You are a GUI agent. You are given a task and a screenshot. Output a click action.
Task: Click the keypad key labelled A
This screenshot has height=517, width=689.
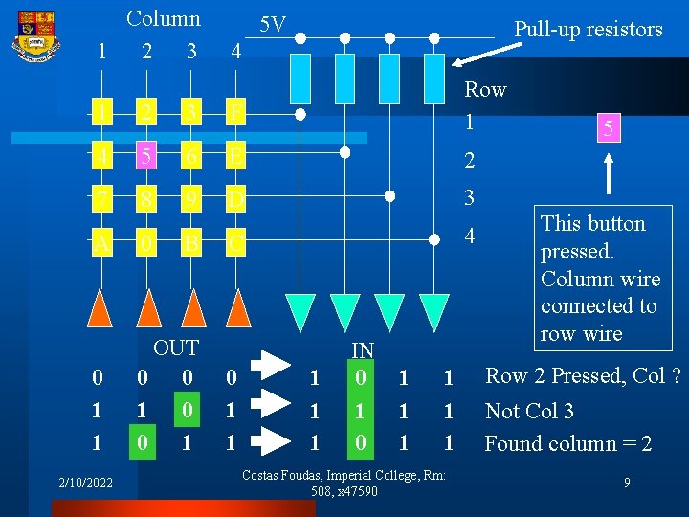pos(100,243)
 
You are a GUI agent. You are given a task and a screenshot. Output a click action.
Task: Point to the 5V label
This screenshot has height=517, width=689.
pos(273,25)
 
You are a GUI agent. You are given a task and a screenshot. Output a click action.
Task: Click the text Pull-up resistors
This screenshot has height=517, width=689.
pos(588,30)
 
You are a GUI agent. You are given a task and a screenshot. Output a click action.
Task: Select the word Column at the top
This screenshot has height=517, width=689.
pos(164,18)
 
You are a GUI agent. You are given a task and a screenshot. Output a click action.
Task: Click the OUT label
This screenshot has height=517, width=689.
pos(176,348)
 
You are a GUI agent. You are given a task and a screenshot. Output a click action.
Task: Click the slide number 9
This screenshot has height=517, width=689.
pos(627,483)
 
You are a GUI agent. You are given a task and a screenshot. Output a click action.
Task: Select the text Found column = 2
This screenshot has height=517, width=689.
pos(568,444)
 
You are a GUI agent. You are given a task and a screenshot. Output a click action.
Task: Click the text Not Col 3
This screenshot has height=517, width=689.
pos(529,412)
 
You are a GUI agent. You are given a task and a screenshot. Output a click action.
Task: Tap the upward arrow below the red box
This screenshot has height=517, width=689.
pos(610,178)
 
